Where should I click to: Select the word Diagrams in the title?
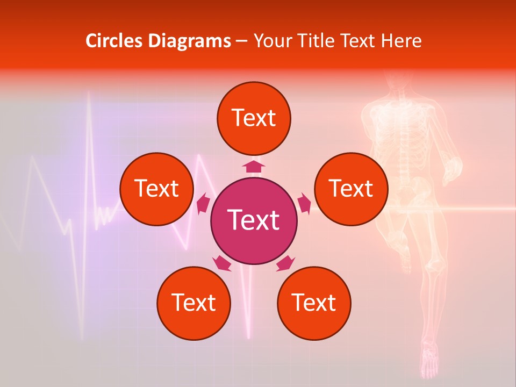click(x=189, y=41)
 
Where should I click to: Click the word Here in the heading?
click(x=401, y=41)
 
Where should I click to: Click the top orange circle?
click(x=254, y=118)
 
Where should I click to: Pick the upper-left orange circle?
click(x=156, y=189)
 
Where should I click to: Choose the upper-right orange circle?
click(x=351, y=189)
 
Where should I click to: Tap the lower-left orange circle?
click(x=193, y=303)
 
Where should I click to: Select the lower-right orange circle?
click(x=314, y=303)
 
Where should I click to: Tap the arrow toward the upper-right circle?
click(x=304, y=204)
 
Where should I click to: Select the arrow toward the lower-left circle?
click(x=221, y=263)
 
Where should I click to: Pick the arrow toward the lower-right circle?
click(x=285, y=263)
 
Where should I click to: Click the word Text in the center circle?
click(x=254, y=220)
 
